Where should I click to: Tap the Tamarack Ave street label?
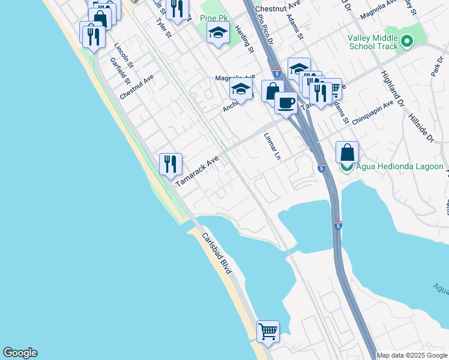(196, 172)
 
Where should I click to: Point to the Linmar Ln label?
(273, 146)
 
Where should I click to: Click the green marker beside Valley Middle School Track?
(408, 41)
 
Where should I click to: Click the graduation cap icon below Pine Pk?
(218, 33)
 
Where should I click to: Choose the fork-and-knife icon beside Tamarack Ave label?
(170, 163)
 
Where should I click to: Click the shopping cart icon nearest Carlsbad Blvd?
(268, 331)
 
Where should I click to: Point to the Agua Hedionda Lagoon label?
(400, 167)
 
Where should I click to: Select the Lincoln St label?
(123, 55)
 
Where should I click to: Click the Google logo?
(20, 353)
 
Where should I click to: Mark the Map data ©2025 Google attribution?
(412, 355)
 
